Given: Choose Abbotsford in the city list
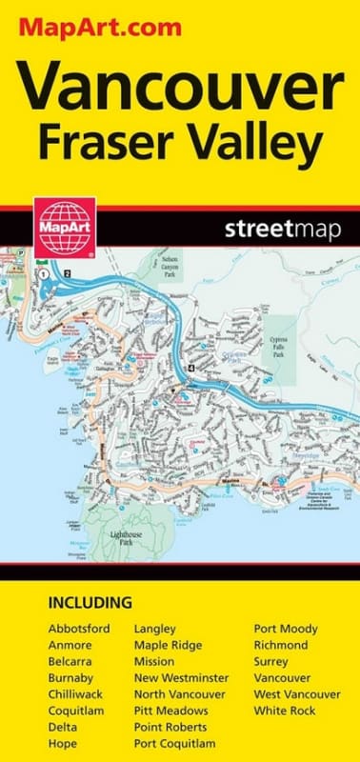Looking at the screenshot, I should coord(79,630).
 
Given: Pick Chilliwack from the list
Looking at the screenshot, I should coord(75,695).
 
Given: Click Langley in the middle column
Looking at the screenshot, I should coord(157,630).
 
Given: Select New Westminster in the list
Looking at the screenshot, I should coord(182,678).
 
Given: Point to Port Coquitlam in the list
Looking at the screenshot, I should coord(174,744).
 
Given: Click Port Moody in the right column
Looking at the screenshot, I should coord(286,630).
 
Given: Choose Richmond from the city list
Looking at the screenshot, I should coord(281,646).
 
